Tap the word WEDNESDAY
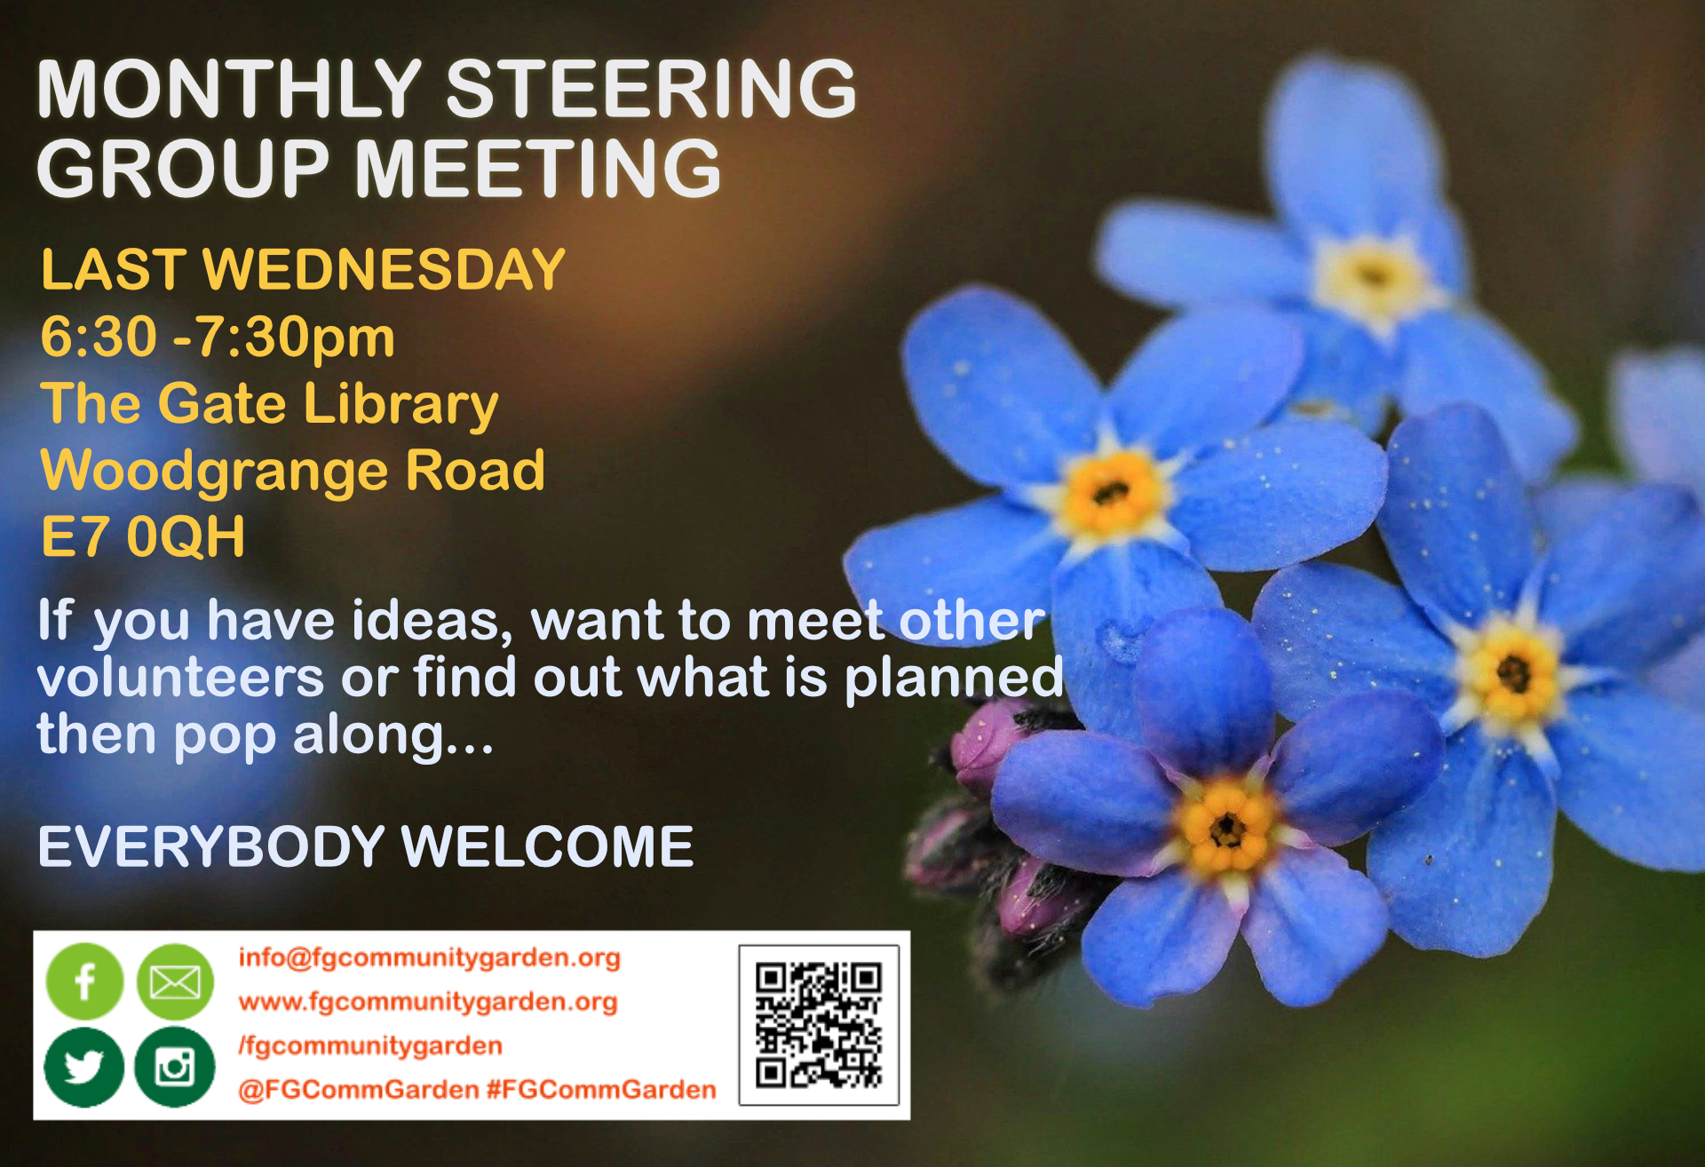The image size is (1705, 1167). click(x=385, y=269)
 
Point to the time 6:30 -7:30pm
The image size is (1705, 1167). click(x=218, y=337)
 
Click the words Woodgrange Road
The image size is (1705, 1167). click(x=293, y=471)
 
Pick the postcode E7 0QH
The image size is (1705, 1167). click(x=143, y=536)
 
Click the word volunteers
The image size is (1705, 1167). click(x=181, y=678)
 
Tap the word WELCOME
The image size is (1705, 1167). click(x=547, y=846)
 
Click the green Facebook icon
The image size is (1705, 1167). click(x=84, y=981)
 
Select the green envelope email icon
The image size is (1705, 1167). click(x=175, y=981)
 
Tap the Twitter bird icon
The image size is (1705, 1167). click(x=84, y=1067)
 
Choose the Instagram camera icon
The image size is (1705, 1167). click(x=175, y=1067)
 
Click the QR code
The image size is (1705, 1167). click(x=819, y=1025)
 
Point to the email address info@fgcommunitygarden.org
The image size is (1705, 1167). click(x=430, y=957)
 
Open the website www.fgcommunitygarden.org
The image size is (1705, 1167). click(x=428, y=1002)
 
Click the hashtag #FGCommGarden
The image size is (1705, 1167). click(x=601, y=1090)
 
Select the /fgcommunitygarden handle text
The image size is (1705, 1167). click(x=370, y=1046)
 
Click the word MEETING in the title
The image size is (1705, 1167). click(x=539, y=169)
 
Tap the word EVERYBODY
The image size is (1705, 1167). click(x=211, y=846)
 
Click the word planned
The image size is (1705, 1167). click(x=954, y=679)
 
